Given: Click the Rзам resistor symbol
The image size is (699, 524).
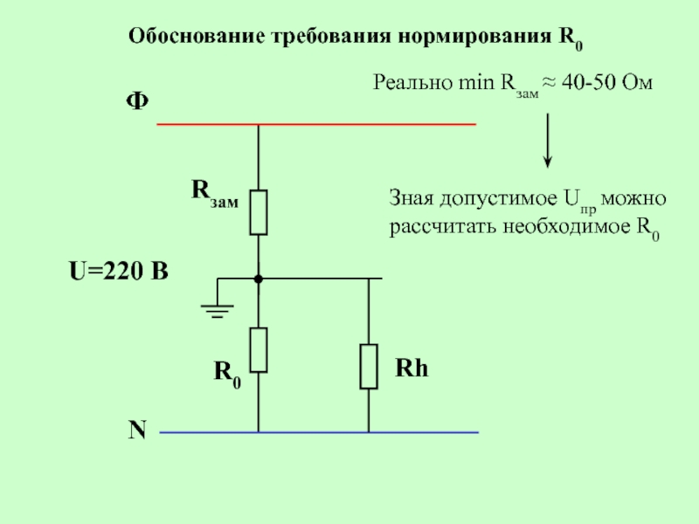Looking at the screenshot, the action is [x=259, y=212].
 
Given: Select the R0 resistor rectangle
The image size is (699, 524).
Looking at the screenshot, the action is [x=259, y=350].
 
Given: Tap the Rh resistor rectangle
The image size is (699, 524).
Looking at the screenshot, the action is [x=369, y=367].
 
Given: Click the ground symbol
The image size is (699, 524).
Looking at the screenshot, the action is [x=217, y=311].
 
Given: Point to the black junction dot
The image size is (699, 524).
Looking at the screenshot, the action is [x=259, y=279].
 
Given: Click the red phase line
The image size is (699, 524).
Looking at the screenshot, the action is [x=316, y=124].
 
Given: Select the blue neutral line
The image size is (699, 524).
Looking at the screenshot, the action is [x=319, y=432].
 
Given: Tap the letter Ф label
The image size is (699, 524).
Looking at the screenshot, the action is [x=137, y=101].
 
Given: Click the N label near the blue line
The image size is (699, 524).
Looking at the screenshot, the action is [x=137, y=431].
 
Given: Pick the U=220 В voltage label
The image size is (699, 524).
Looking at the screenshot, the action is [x=119, y=271].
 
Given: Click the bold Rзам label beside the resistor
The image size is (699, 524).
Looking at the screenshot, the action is [x=215, y=193].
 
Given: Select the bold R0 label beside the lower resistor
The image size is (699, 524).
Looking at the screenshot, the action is [x=227, y=375].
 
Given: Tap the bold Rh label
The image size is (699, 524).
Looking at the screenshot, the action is [x=412, y=369].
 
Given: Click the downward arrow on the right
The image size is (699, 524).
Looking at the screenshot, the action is [x=548, y=141].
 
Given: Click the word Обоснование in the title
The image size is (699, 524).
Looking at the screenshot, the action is [x=197, y=36].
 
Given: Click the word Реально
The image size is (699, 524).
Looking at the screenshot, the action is [x=412, y=82].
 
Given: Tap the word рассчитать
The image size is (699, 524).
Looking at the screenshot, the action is [x=443, y=227].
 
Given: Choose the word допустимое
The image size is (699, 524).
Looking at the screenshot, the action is [x=498, y=199].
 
